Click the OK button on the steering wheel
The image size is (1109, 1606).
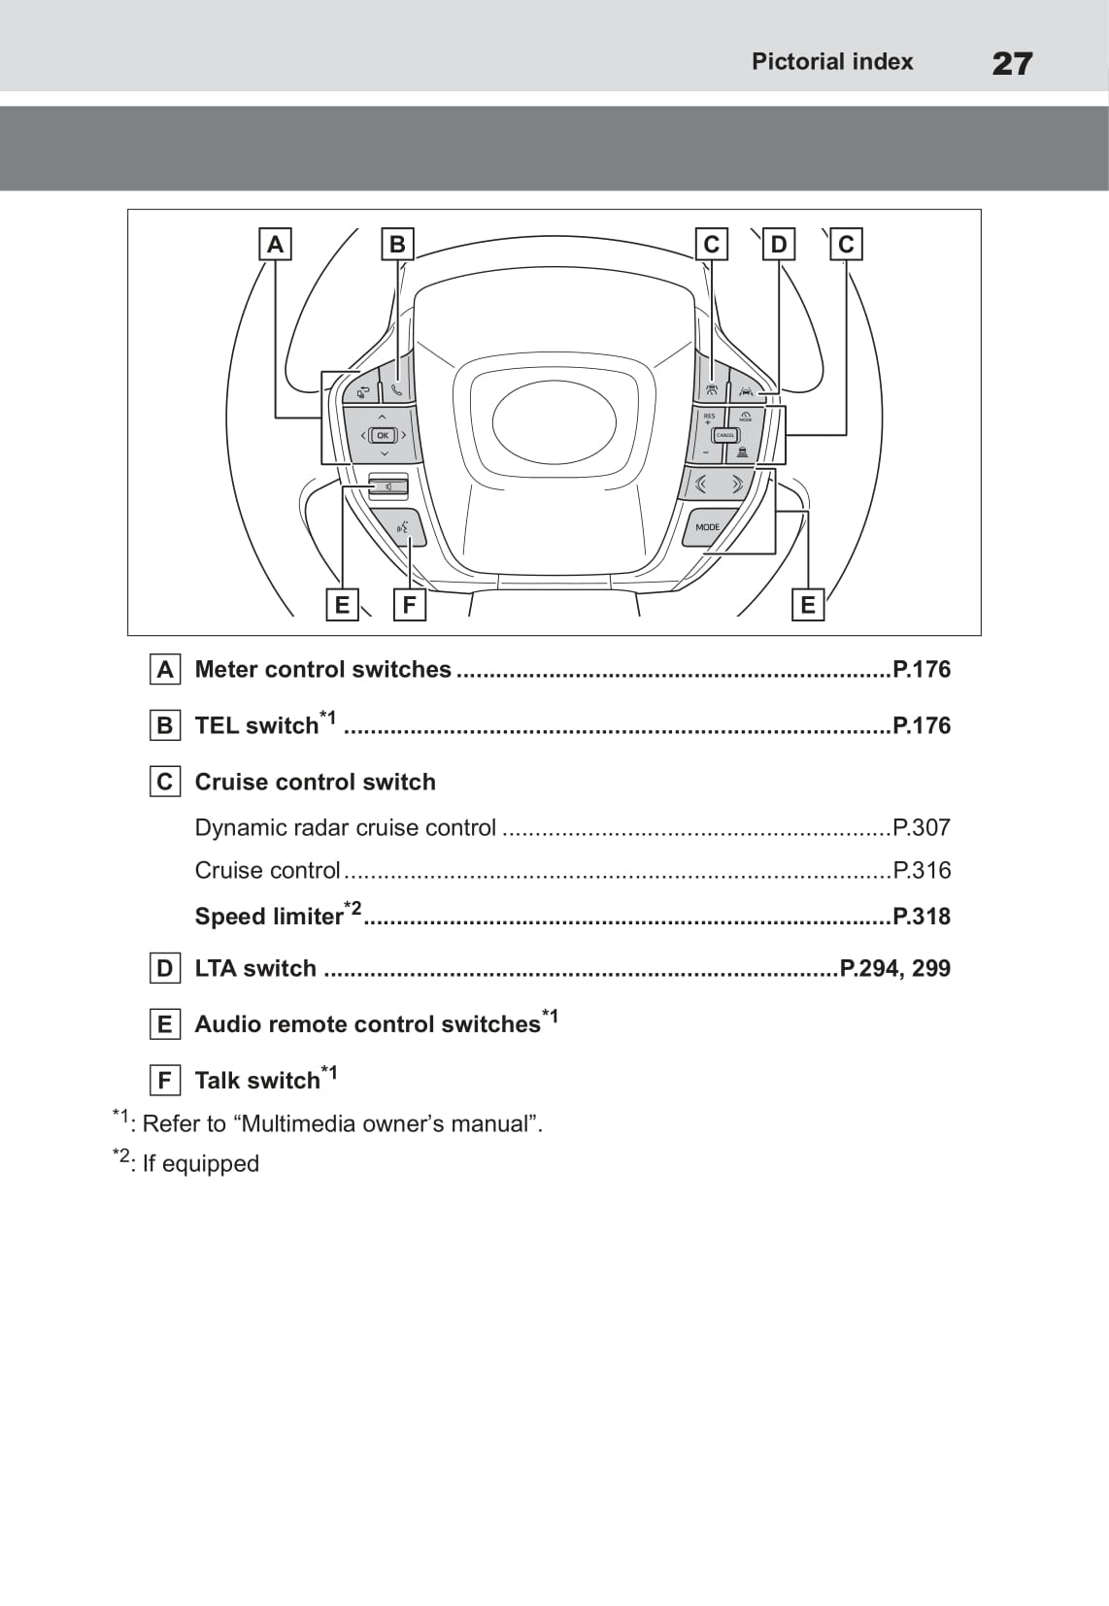click(x=383, y=436)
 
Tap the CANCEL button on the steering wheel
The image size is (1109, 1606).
click(x=725, y=435)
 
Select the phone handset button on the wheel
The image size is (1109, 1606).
click(x=396, y=390)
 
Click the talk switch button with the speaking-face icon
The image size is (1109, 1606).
click(x=404, y=528)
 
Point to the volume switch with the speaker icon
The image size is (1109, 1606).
click(x=387, y=485)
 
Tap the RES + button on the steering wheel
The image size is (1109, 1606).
click(x=708, y=419)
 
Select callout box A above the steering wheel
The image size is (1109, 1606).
click(x=275, y=244)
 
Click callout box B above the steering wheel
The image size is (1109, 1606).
click(x=397, y=244)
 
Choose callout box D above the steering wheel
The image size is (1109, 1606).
click(x=779, y=244)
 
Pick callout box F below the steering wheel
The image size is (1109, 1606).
click(x=409, y=605)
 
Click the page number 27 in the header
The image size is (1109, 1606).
click(x=1012, y=64)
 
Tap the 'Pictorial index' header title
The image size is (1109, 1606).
click(x=832, y=62)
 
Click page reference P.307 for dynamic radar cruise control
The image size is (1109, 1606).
click(x=922, y=828)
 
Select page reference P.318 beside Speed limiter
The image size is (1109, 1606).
click(x=922, y=917)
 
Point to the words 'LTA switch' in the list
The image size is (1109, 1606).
click(x=255, y=969)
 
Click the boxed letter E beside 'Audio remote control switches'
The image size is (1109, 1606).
click(x=164, y=1024)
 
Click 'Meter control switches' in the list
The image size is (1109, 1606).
click(x=322, y=670)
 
